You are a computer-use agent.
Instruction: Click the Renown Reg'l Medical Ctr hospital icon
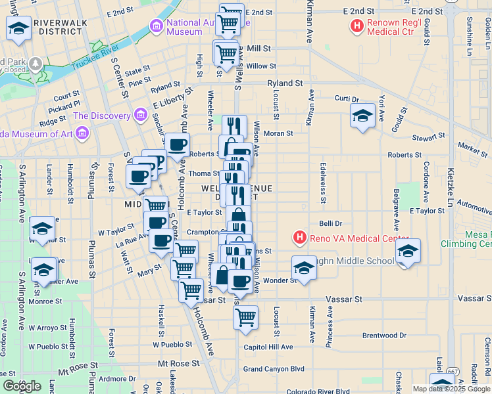tap(357, 27)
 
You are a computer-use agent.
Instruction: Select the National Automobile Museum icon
tap(157, 26)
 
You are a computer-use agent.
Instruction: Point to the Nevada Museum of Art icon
tap(82, 134)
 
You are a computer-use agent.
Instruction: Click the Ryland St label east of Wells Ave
tap(284, 83)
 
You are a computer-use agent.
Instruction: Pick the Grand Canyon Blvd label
tap(274, 369)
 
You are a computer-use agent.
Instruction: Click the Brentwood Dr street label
tap(384, 335)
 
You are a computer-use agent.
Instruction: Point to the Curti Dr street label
tap(346, 98)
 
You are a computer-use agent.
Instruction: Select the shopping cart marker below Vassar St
tap(245, 318)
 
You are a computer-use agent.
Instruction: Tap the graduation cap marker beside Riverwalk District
tap(19, 28)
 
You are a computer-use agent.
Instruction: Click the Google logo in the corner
tap(21, 386)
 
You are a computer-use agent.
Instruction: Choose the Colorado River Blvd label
tap(318, 391)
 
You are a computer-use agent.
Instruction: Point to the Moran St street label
tap(278, 133)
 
